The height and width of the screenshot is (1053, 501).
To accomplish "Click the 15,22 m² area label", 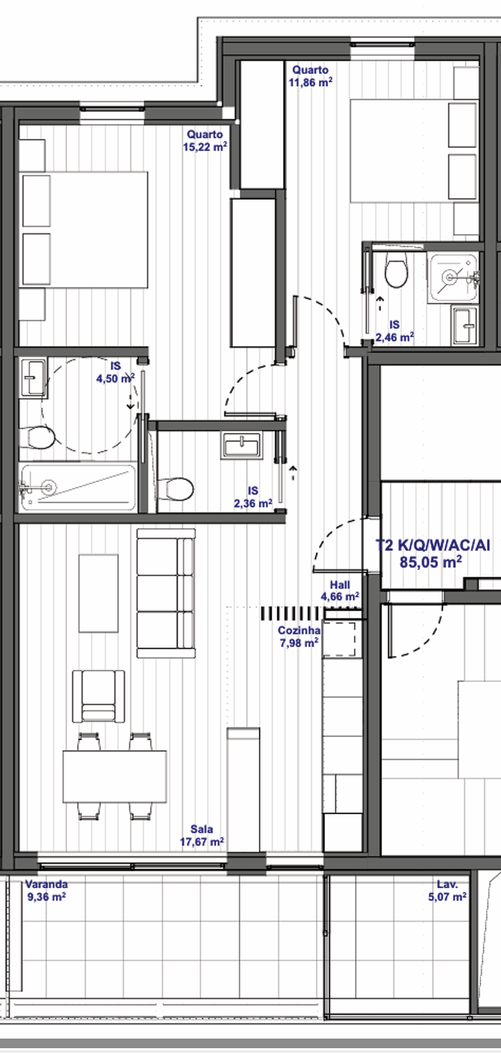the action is [205, 147].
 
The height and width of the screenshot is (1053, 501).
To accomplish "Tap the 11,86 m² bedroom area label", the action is [311, 82].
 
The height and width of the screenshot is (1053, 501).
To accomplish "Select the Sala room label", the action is [202, 829].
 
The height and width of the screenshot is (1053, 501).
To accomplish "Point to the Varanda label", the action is [46, 884].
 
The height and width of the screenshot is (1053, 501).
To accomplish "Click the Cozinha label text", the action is [299, 630].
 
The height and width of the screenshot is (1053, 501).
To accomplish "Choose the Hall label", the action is [340, 585].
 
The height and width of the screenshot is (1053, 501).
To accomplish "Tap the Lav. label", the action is [448, 884].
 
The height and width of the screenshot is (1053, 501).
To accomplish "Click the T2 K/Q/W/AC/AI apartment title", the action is [433, 545].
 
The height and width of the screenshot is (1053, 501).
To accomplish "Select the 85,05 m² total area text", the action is [431, 563].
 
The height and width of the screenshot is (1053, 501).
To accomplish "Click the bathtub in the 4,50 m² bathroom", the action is [77, 487].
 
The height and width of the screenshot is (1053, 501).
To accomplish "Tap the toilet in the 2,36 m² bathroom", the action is [175, 489].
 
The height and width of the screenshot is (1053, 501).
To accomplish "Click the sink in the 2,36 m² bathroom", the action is [241, 446].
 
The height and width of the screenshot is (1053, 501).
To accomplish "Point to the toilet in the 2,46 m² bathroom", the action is [396, 270].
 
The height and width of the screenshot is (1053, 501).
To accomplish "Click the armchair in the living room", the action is [99, 696].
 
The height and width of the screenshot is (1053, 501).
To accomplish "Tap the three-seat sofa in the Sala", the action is [166, 594].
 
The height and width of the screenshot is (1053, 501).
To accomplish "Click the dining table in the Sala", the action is [115, 776].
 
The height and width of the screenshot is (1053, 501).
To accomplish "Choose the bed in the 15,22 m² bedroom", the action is [83, 229].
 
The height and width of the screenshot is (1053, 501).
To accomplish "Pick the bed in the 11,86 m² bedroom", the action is [414, 151].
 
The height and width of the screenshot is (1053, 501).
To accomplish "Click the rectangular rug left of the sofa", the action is [99, 593].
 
